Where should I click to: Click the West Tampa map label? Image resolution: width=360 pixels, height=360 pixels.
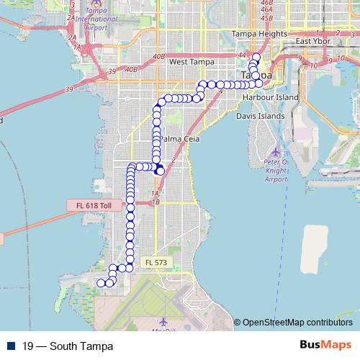pyautogui.click(x=192, y=62)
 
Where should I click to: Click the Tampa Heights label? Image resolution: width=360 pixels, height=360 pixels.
pyautogui.click(x=255, y=33)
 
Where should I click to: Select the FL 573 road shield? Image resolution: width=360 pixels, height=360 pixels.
pyautogui.click(x=155, y=263)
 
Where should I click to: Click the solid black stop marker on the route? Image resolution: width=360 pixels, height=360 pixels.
pyautogui.click(x=160, y=171)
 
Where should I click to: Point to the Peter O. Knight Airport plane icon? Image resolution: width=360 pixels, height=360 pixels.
pyautogui.click(x=276, y=152)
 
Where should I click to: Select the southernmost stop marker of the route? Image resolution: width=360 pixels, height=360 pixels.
pyautogui.click(x=101, y=283)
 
